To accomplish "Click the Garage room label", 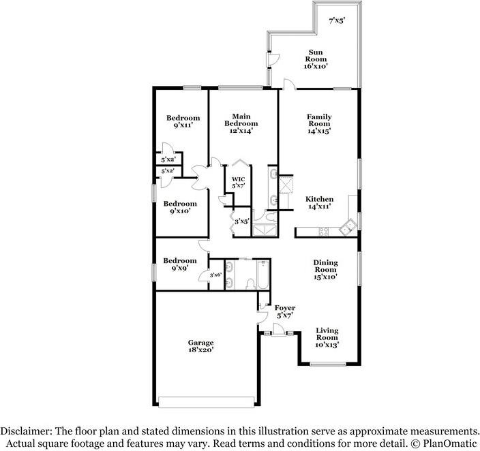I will (201, 346).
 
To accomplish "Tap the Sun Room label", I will (316, 59).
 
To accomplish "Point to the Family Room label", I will (318, 124).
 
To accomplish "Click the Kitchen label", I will (319, 202).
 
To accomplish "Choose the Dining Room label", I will (325, 269).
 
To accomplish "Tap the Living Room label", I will (327, 337).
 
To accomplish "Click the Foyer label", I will (284, 311).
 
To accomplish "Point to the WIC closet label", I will (237, 183).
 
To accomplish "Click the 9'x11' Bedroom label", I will (183, 121).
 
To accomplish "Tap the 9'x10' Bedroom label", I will (180, 207).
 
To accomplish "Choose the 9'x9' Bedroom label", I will (180, 264).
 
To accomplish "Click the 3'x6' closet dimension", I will (215, 275).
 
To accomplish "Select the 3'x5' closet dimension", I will (241, 221).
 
